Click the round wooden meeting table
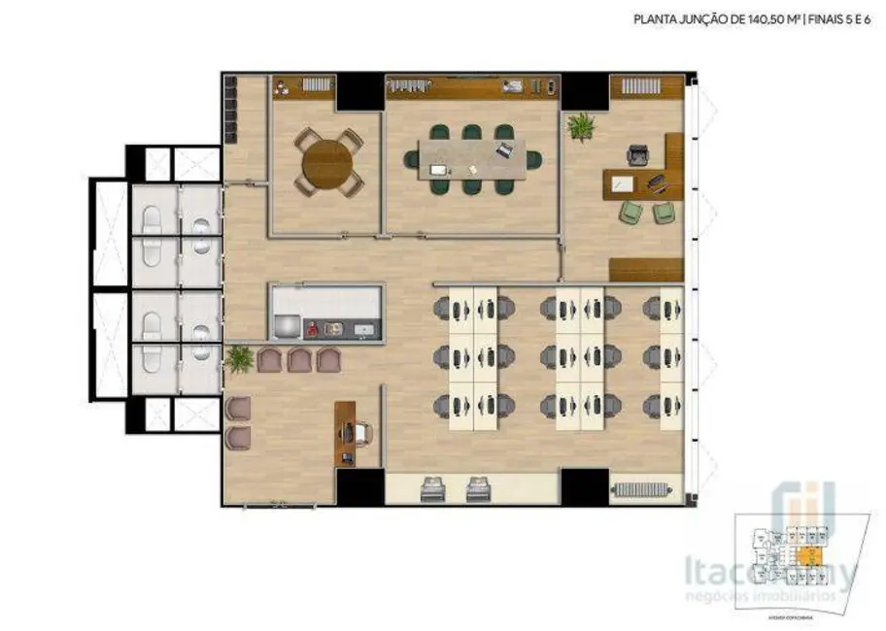327,162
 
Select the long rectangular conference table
471,159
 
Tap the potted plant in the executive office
582,126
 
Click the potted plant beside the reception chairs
238,359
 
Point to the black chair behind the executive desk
638,155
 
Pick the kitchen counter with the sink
327,314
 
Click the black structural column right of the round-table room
360,92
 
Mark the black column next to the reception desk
360,485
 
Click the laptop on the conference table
504,150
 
